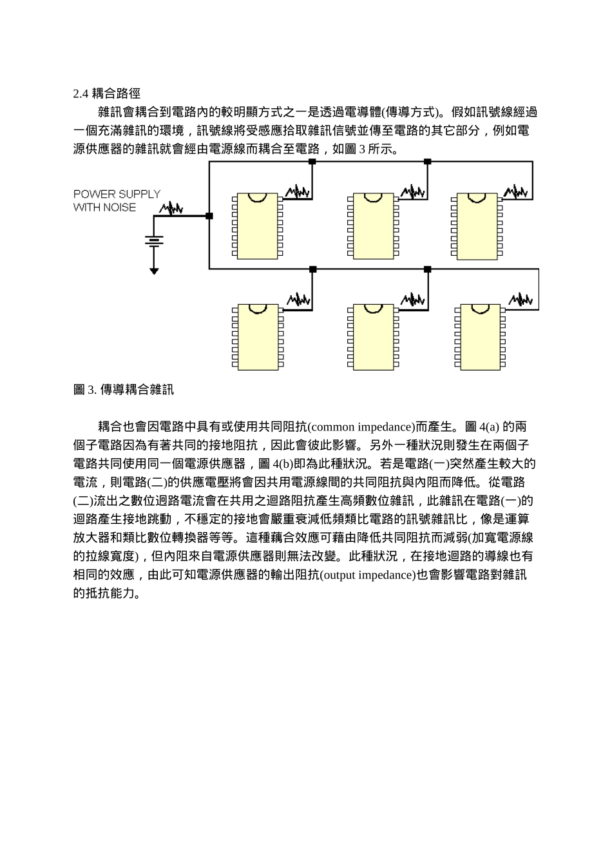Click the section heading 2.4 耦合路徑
coord(106,94)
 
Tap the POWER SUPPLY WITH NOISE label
coord(117,200)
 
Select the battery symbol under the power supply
coord(154,241)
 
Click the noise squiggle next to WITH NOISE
coord(171,208)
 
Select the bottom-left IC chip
coord(256,336)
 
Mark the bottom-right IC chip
coord(480,336)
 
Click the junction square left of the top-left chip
coord(209,216)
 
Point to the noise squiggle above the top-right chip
coord(516,192)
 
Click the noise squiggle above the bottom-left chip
coord(298,300)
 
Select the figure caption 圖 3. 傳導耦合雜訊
coord(123,389)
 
